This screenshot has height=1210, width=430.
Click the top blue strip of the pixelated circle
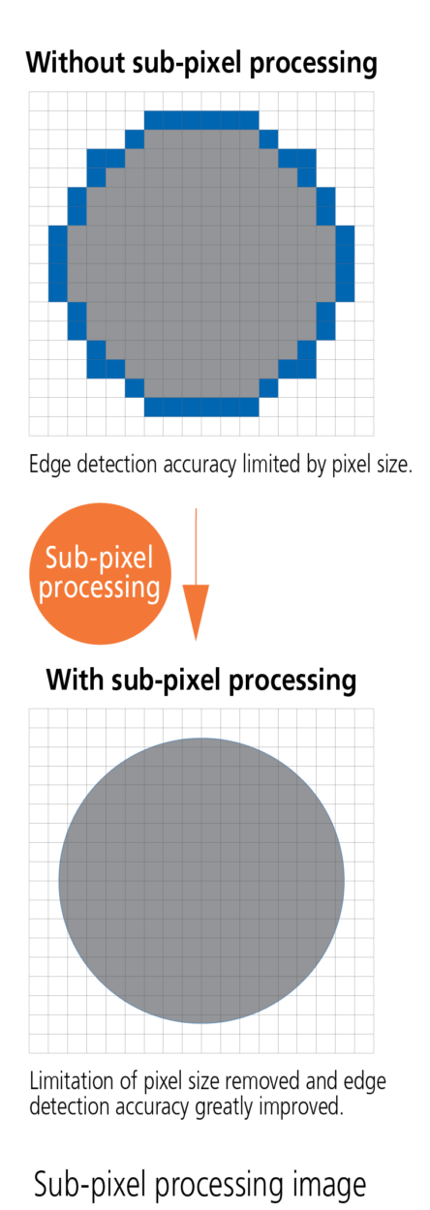point(201,119)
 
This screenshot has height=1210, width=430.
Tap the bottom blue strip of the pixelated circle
point(201,408)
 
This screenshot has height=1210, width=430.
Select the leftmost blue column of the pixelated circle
point(57,263)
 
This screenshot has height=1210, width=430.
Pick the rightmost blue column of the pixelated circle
point(346,263)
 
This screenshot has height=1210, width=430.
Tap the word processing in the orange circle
point(100,588)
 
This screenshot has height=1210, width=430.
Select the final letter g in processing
point(153,590)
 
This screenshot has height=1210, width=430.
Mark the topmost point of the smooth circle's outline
point(201,738)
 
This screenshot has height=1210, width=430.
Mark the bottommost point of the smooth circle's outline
point(201,1023)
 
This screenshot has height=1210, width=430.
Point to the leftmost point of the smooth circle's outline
point(58,880)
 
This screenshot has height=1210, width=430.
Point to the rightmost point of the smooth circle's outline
point(345,880)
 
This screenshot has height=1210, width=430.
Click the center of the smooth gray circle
point(201,880)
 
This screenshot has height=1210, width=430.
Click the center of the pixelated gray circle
point(201,263)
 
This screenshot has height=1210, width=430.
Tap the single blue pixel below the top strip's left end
point(135,138)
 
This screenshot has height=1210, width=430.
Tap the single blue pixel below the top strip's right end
point(268,138)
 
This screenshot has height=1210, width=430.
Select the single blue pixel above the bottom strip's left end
point(135,388)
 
